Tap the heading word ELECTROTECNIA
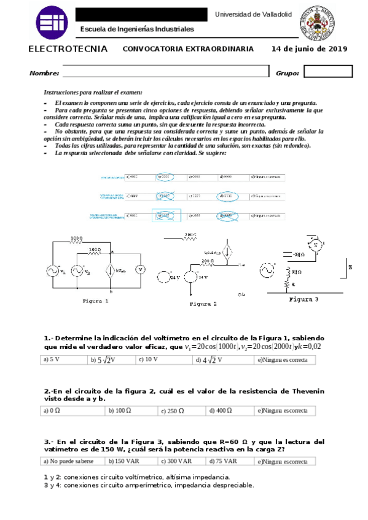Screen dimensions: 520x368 [x=68, y=49]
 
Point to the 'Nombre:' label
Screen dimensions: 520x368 [x=44, y=74]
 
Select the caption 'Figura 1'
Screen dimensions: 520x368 [x=95, y=301]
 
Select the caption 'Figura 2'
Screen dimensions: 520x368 [x=203, y=304]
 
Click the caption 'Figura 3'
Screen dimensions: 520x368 [x=303, y=300]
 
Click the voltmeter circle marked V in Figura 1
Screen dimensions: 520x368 [x=140, y=269]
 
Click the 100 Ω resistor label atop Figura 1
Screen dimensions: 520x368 [x=76, y=237]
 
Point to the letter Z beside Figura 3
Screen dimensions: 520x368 [x=350, y=267]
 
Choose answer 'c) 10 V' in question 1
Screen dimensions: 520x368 [x=148, y=360]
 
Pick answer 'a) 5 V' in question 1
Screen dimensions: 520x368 [x=51, y=360]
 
